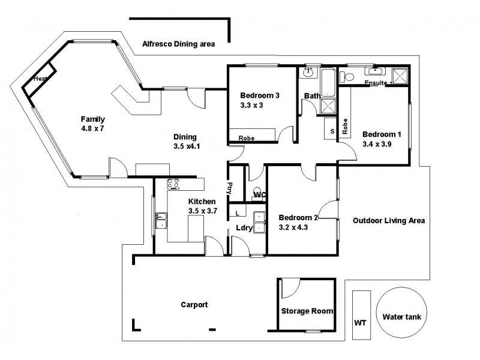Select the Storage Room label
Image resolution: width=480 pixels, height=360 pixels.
pyautogui.click(x=307, y=311)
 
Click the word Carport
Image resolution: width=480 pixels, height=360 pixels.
pyautogui.click(x=194, y=305)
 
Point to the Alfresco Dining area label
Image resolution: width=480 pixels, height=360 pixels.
pyautogui.click(x=178, y=44)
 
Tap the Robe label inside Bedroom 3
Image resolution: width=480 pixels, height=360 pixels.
pyautogui.click(x=246, y=138)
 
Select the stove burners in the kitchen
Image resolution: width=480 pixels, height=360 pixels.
pyautogui.click(x=174, y=185)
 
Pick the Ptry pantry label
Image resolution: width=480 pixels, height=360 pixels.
pyautogui.click(x=229, y=189)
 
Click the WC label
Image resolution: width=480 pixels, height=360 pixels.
pyautogui.click(x=260, y=195)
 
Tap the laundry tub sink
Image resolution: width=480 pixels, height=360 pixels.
pyautogui.click(x=260, y=221)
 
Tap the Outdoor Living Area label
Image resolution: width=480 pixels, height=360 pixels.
pyautogui.click(x=389, y=220)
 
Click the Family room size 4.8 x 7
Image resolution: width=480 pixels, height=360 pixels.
pyautogui.click(x=93, y=128)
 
